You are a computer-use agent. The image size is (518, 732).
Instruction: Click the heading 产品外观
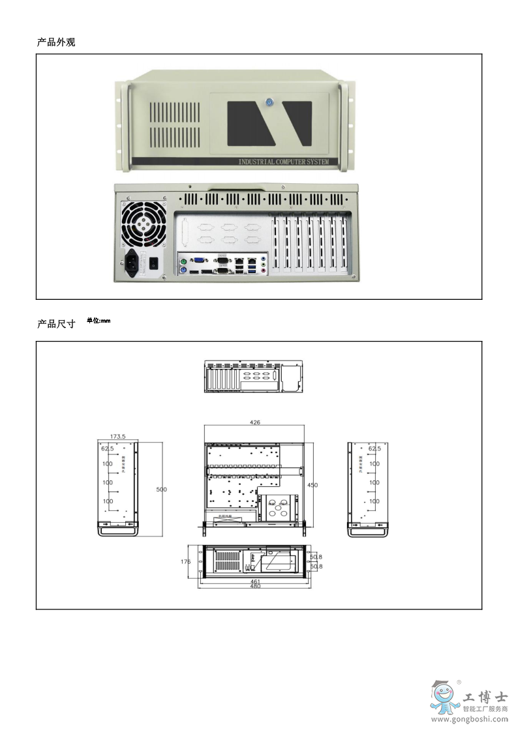coord(56,42)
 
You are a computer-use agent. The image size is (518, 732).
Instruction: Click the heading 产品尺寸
coord(56,324)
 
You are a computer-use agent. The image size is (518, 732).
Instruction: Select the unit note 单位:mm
coord(99,321)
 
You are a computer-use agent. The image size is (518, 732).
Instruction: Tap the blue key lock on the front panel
coord(269,102)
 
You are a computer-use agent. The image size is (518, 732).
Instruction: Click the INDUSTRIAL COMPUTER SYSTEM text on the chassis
coord(283,162)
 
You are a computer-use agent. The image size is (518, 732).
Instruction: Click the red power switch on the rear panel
coord(154,264)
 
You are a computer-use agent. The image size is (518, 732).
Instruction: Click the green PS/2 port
coord(185,261)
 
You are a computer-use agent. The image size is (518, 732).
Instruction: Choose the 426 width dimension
coord(255,422)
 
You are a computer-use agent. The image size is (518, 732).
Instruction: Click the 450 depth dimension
coord(312,485)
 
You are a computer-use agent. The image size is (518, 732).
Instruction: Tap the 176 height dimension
coord(185,561)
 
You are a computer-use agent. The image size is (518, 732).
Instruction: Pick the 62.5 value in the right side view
coord(374,448)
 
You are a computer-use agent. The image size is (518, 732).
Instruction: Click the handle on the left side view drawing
coord(118,531)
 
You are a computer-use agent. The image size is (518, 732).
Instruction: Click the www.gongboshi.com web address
coord(470,720)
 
